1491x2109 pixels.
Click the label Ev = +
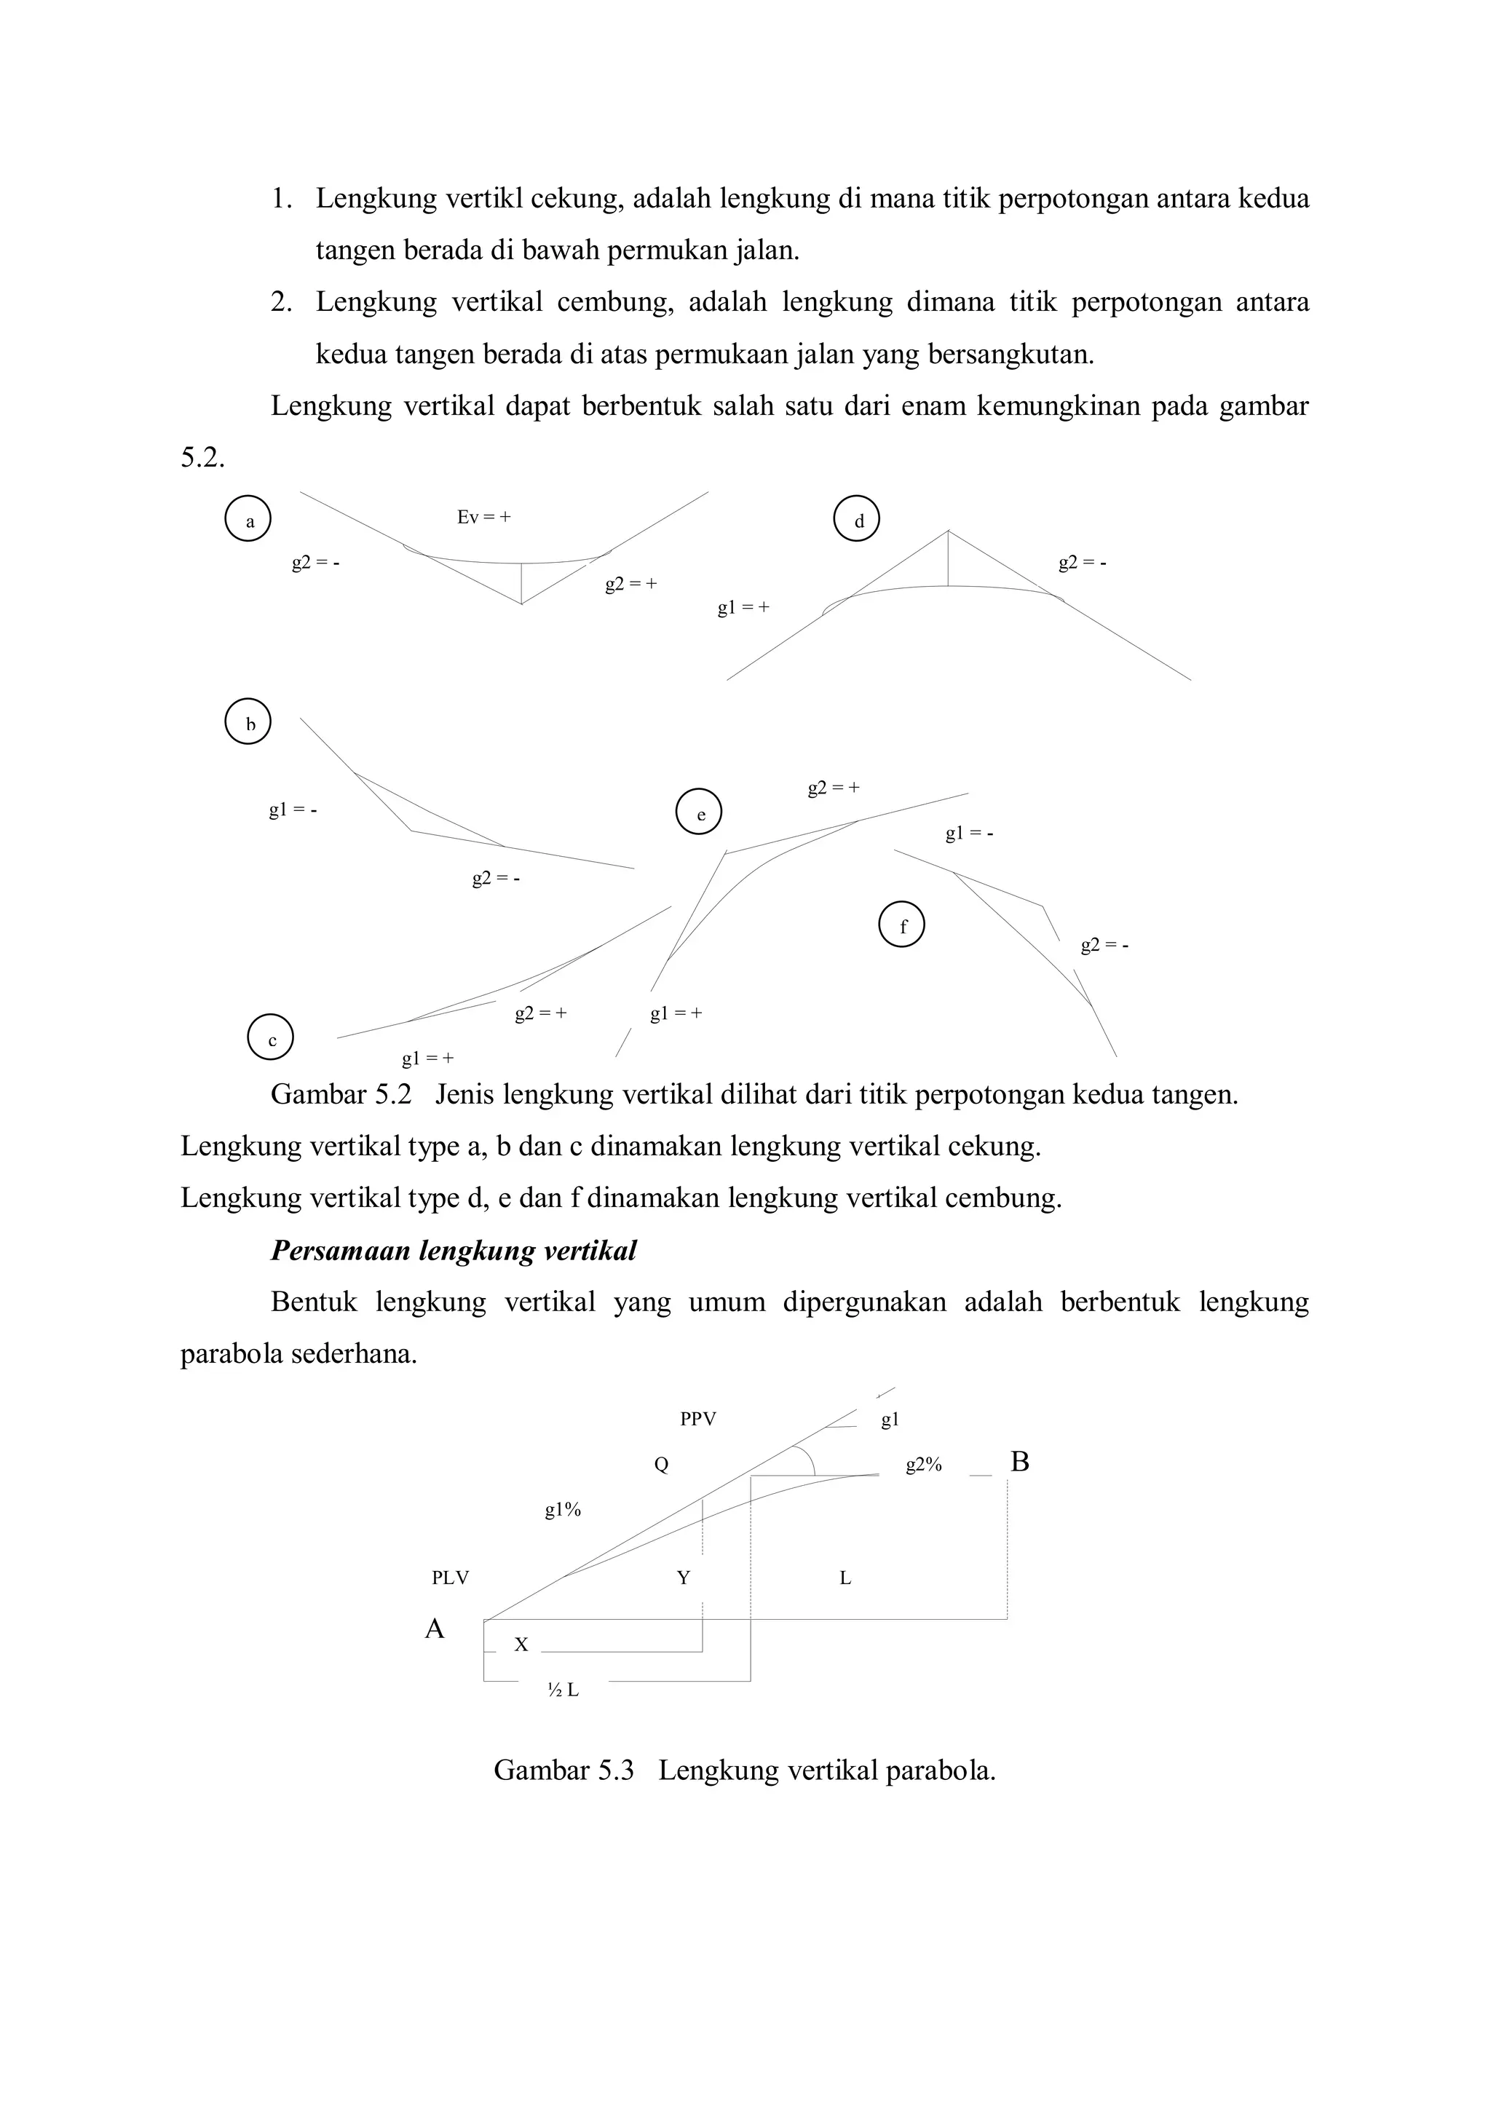[x=484, y=517]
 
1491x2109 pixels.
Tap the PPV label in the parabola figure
[x=698, y=1419]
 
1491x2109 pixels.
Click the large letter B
[x=1020, y=1463]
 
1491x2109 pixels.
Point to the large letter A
[x=435, y=1629]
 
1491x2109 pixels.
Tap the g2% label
[x=924, y=1465]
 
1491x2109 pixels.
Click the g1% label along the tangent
[x=563, y=1510]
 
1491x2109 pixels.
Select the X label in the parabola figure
[x=521, y=1645]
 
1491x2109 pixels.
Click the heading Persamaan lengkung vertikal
[x=453, y=1251]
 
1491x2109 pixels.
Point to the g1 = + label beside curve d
[x=743, y=607]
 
